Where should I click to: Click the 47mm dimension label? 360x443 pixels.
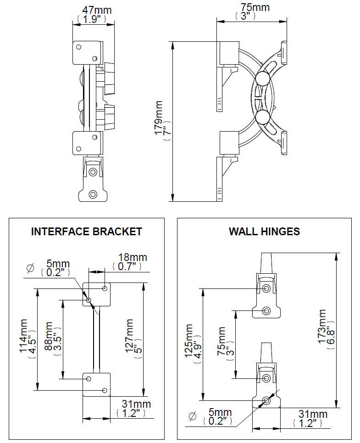(96, 10)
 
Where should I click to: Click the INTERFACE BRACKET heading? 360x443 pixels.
(86, 231)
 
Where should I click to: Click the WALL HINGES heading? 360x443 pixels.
(264, 231)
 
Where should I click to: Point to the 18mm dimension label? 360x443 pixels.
(127, 257)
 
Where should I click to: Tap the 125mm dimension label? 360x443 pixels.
(188, 344)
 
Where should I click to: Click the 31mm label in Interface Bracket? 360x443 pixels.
(136, 404)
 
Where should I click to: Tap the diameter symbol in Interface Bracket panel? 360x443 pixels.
(31, 268)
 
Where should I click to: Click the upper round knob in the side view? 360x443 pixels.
(263, 79)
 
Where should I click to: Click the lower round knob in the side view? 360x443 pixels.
(263, 117)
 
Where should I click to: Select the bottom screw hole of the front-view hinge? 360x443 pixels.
(93, 194)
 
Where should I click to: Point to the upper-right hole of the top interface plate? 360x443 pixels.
(105, 288)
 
